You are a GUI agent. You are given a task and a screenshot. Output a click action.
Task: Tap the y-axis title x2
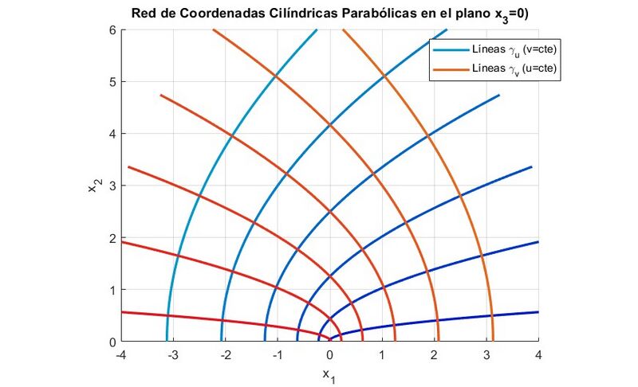tap(93, 186)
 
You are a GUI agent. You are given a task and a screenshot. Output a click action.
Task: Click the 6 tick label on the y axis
tap(112, 29)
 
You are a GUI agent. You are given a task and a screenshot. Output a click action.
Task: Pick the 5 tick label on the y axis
tap(112, 81)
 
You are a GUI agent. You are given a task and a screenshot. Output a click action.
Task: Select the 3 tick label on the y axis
tap(112, 186)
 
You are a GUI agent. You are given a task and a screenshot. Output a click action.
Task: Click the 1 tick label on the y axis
tap(112, 290)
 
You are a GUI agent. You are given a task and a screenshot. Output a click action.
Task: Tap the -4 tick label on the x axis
tap(120, 354)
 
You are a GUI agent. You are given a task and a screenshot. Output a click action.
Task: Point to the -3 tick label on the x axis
tap(172, 354)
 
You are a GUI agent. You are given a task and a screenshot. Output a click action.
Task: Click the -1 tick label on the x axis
tap(277, 354)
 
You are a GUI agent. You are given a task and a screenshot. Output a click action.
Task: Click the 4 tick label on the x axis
tap(539, 354)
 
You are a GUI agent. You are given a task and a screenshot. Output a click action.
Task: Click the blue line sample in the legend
tap(450, 50)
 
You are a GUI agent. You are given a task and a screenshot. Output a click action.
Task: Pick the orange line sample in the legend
tap(450, 70)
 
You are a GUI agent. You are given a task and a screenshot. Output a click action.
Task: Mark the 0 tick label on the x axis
tap(330, 354)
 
